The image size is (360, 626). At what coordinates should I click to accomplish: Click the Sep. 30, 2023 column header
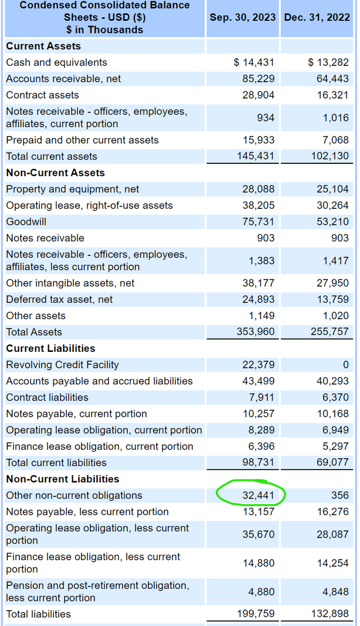coord(242,17)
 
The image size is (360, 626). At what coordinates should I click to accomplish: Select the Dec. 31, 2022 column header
coord(317,17)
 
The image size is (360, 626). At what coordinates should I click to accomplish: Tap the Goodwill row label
coord(26,222)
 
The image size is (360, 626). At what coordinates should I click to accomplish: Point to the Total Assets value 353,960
coord(255,332)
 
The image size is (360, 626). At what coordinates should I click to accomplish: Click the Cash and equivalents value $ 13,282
coord(328,62)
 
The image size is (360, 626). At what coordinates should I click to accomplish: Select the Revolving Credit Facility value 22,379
coord(258,365)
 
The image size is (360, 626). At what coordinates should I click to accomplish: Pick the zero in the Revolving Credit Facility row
coord(345,365)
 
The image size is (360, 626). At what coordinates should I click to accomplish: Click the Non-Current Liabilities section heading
coord(62,479)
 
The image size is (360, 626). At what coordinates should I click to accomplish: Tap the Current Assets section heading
coord(43,46)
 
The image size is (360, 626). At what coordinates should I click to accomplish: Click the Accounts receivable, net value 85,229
coord(258,79)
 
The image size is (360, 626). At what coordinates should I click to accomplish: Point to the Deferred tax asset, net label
coord(59,299)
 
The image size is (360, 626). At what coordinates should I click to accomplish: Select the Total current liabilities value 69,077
coord(332,463)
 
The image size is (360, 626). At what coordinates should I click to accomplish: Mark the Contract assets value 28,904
coord(258,95)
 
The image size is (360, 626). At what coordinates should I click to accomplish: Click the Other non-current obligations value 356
coord(340,495)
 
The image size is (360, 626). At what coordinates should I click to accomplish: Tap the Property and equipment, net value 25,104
coord(332,189)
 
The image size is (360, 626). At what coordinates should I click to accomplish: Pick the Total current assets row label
coord(51,157)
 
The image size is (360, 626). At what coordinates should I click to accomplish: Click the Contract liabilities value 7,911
coord(262,397)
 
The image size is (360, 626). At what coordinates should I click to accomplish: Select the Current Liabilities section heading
coord(51,348)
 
